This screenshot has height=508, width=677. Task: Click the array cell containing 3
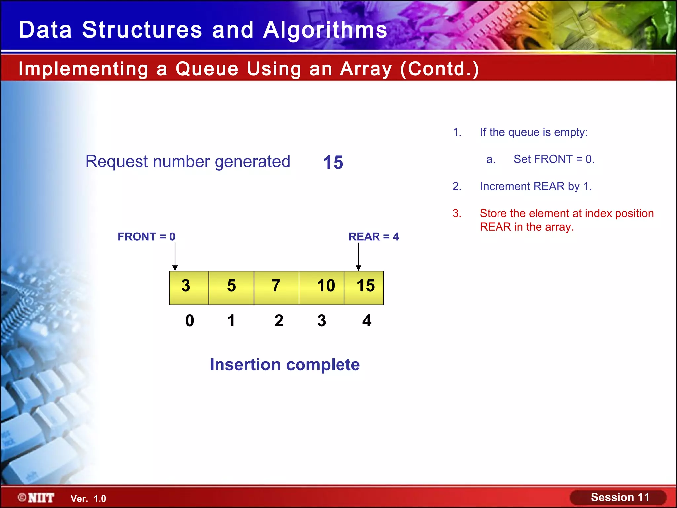pos(189,287)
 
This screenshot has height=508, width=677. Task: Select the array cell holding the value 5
pos(231,287)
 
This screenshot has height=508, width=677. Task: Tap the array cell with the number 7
pos(276,287)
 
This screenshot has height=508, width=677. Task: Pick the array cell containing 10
pos(322,287)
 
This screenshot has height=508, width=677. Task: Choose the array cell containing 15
pos(364,287)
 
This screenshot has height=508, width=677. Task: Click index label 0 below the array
pos(190,320)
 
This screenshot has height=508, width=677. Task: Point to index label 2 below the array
pos(279,320)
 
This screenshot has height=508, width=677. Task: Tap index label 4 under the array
pos(367,320)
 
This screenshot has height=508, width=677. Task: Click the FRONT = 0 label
pos(146,237)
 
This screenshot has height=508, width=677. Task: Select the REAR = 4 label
pos(374,237)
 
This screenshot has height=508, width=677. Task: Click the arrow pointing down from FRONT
pos(175,257)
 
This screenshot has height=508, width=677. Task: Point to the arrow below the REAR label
pos(358,257)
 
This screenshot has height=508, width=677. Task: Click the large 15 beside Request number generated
pos(333,162)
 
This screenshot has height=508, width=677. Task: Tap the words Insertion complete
pos(285,365)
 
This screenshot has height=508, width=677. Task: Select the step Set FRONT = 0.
pos(554,159)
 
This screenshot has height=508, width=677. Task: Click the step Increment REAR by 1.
pos(536,187)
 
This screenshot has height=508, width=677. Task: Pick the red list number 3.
pos(457,213)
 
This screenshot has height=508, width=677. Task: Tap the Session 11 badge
pos(618,497)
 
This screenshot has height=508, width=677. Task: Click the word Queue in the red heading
pos(207,69)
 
